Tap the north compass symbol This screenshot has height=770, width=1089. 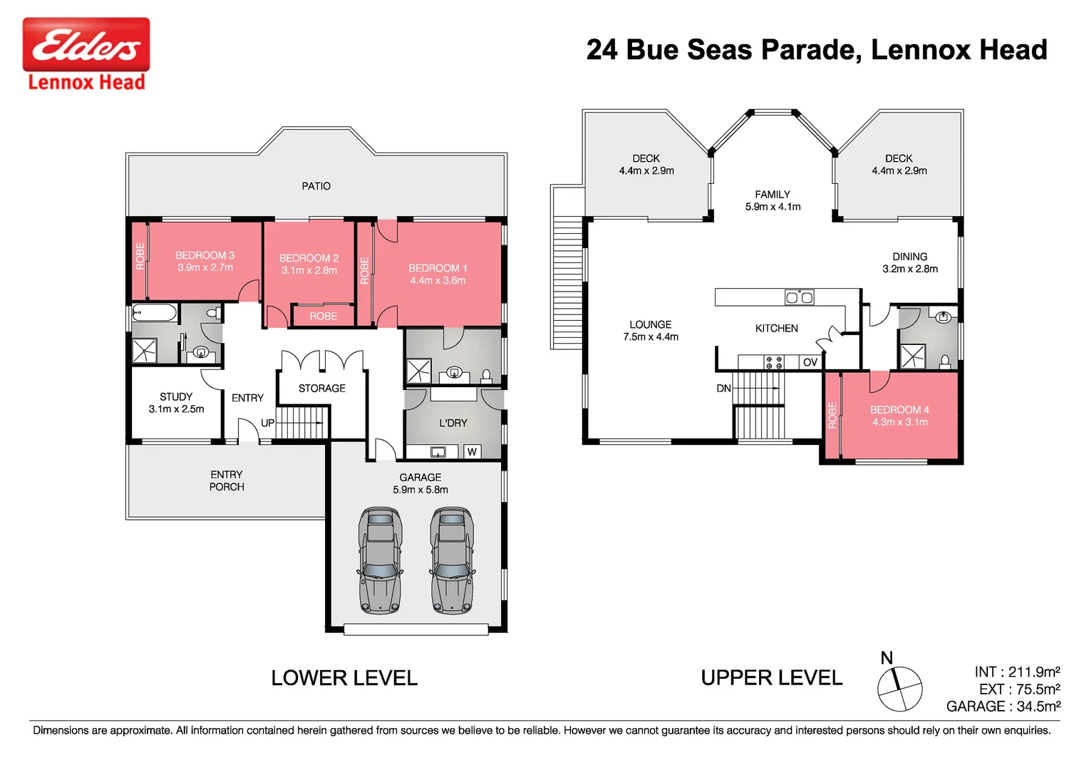point(899,688)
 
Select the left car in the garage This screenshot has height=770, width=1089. point(381,560)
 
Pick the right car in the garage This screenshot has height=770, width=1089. point(451,560)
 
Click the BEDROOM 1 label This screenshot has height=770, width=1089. point(438,268)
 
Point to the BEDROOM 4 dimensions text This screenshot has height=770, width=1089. point(899,422)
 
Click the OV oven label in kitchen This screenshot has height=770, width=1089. point(810,362)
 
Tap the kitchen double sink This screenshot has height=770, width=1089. point(799,297)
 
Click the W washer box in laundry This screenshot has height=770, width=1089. point(472,451)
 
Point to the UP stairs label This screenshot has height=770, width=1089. point(267,423)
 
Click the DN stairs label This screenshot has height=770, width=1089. point(723,389)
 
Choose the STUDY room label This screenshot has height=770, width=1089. point(176,396)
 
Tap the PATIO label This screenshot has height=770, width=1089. point(316,186)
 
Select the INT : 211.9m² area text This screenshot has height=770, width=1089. point(1017,672)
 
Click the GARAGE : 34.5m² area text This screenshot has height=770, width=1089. point(1003,706)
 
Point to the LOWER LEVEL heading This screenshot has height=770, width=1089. point(344,678)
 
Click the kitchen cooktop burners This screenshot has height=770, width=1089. point(774,362)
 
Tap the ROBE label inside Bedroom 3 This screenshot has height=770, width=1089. point(140,257)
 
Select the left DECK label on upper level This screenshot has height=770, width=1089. point(646,158)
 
